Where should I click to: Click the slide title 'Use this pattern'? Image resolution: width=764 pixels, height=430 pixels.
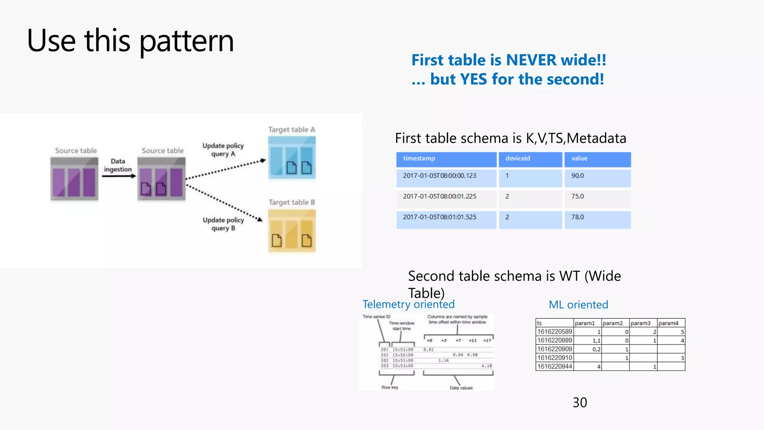point(130,41)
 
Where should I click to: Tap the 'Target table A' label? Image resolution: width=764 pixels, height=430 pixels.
point(292,130)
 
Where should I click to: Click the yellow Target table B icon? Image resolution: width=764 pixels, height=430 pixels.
point(292,231)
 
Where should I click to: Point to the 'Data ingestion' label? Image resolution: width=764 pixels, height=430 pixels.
point(118,165)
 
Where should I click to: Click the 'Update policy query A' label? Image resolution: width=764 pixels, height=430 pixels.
point(223,150)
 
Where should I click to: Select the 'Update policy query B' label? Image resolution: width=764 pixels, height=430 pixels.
point(223,224)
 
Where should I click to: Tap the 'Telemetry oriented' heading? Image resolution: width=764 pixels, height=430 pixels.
point(408,304)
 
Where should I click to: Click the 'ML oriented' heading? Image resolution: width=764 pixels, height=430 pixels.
point(578,305)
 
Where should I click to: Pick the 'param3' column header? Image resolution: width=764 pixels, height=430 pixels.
point(641,323)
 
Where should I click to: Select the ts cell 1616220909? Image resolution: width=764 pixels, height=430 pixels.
point(554,349)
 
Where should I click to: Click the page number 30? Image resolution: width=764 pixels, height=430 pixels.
point(580,402)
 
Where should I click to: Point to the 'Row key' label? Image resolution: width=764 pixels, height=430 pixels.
point(390,387)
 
